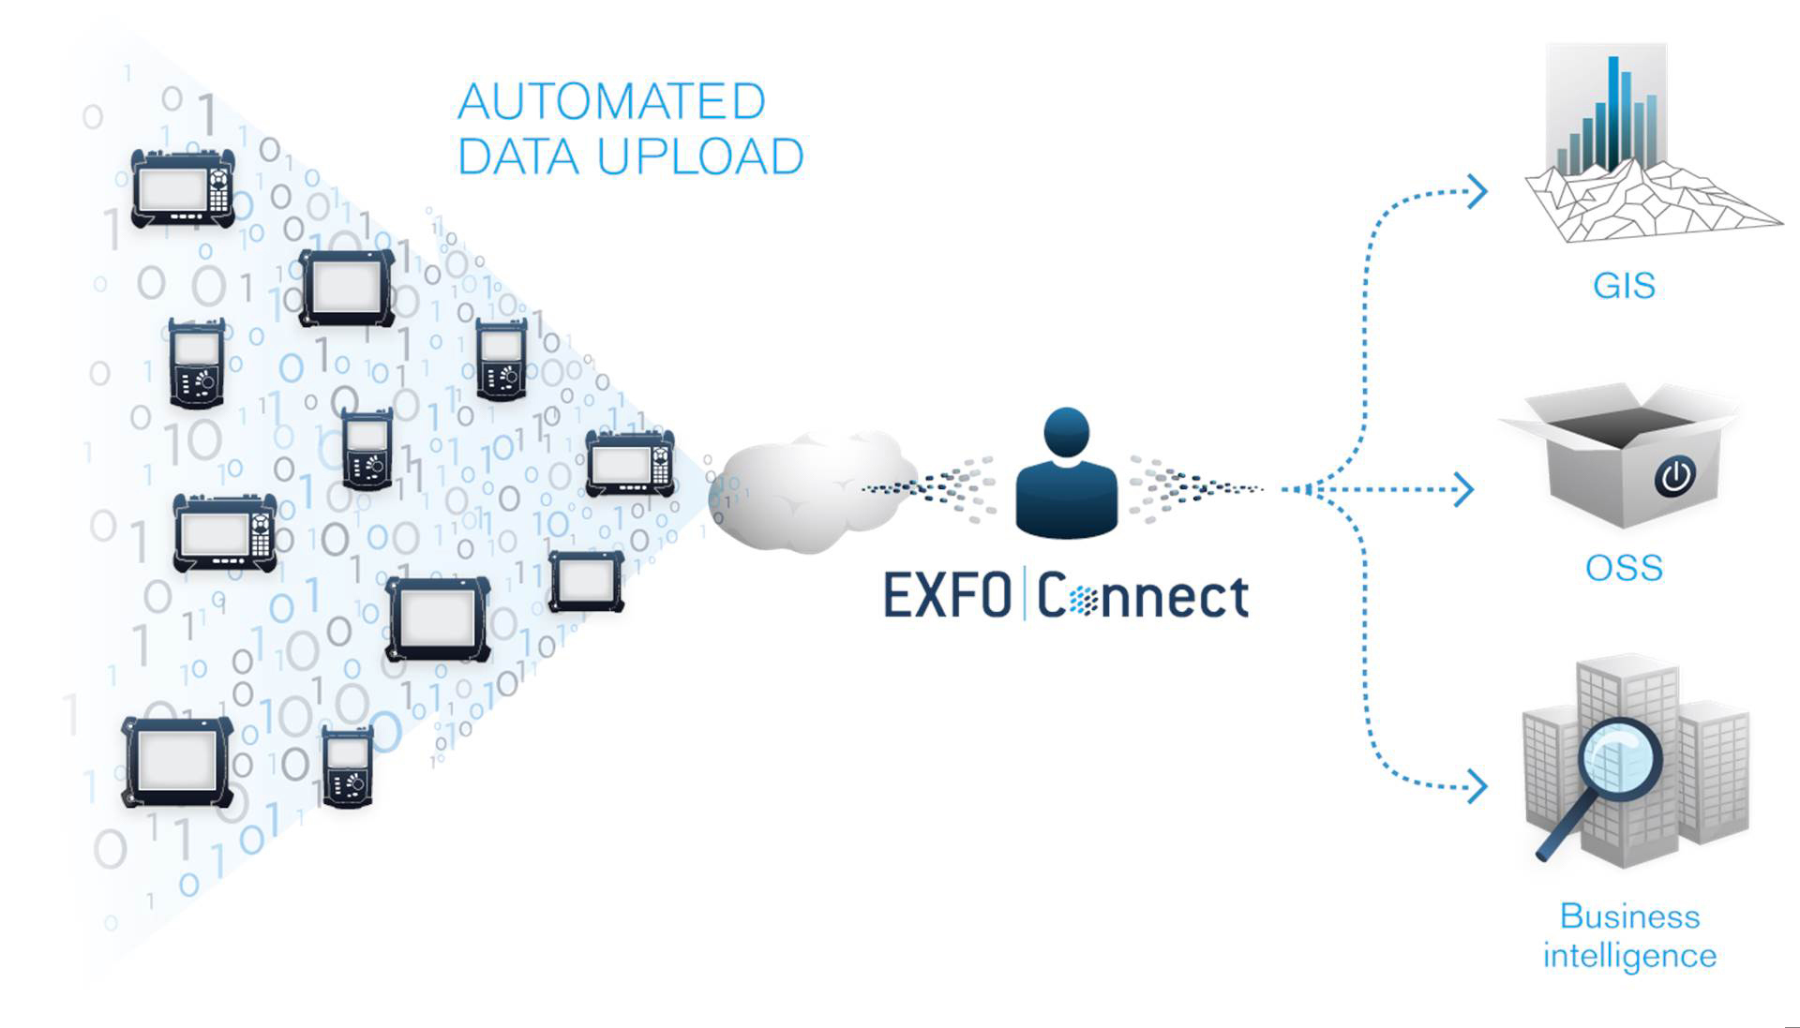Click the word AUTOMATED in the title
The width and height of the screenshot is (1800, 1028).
pyautogui.click(x=611, y=102)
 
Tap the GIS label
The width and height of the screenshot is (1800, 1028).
pyautogui.click(x=1624, y=285)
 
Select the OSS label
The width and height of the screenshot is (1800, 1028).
pyautogui.click(x=1624, y=568)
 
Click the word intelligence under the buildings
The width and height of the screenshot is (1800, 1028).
pyautogui.click(x=1629, y=956)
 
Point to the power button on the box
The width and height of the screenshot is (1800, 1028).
pyautogui.click(x=1675, y=476)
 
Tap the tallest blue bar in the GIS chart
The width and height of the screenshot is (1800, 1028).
pyautogui.click(x=1613, y=112)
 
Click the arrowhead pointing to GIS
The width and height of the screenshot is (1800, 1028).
pyautogui.click(x=1478, y=191)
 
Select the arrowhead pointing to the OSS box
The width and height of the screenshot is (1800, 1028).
pyautogui.click(x=1464, y=489)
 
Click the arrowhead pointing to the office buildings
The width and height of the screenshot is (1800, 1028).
pyautogui.click(x=1478, y=785)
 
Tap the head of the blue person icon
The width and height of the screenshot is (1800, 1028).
pyautogui.click(x=1066, y=432)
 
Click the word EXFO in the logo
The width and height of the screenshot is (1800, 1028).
pyautogui.click(x=947, y=596)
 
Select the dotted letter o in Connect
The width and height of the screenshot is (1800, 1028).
pyautogui.click(x=1084, y=600)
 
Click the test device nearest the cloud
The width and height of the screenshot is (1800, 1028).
pyautogui.click(x=630, y=464)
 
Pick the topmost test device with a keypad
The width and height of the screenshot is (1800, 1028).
pyautogui.click(x=183, y=188)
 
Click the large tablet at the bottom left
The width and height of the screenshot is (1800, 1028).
pyautogui.click(x=177, y=762)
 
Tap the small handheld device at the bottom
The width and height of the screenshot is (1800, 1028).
pyautogui.click(x=348, y=767)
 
